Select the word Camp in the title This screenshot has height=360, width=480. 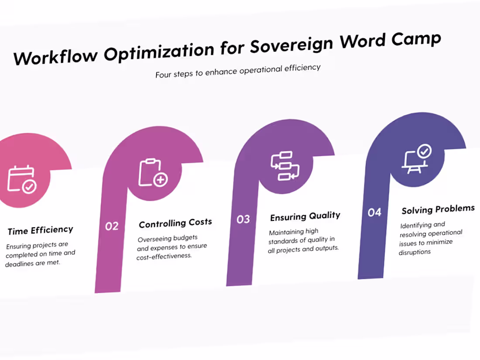tap(416, 39)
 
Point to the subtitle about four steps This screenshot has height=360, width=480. tap(238, 71)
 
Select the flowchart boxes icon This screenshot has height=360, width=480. tap(285, 166)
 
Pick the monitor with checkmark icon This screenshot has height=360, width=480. tap(416, 159)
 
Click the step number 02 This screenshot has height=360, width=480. tap(112, 226)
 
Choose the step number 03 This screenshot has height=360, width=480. tap(243, 219)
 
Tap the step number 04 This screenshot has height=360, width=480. tap(374, 213)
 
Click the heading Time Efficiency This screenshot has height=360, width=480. tap(41, 230)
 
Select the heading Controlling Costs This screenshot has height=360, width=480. tap(175, 223)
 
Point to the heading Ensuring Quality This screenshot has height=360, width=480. tap(305, 216)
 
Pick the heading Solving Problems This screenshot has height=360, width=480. tap(438, 209)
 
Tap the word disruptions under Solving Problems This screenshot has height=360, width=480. tap(415, 252)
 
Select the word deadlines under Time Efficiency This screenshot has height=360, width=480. tap(19, 264)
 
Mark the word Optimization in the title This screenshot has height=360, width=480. tap(159, 52)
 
